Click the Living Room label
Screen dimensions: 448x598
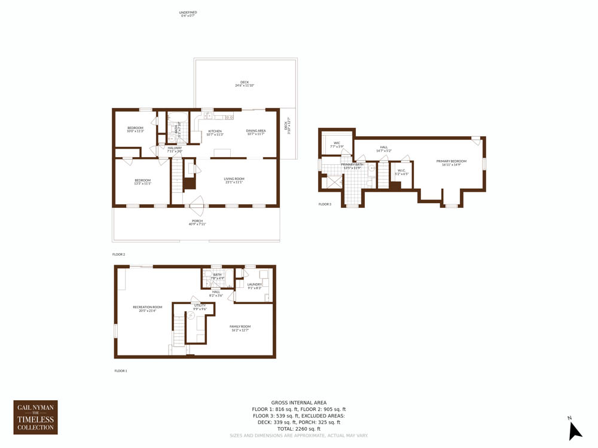tap(234, 180)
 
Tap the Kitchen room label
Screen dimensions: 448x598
tap(215, 133)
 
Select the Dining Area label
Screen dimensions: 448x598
tap(256, 132)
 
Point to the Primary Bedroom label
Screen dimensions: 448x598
tap(451, 162)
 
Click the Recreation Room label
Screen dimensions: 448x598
tap(147, 309)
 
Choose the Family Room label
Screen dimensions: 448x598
tap(240, 328)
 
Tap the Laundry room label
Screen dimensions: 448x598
tap(255, 286)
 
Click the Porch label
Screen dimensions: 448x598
tap(197, 222)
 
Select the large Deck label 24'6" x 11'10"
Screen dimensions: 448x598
tap(245, 84)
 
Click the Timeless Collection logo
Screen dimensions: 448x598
tap(36, 417)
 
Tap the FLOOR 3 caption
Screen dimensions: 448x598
tap(325, 204)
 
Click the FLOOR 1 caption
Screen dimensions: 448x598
tap(121, 371)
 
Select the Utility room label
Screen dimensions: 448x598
tap(200, 307)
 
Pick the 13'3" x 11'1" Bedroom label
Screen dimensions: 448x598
tap(142, 182)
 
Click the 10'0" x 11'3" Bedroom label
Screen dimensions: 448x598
tap(135, 129)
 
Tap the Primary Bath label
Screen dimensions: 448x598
tap(352, 165)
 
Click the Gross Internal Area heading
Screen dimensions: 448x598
tap(299, 403)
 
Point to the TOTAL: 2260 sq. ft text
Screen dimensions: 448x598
tap(299, 429)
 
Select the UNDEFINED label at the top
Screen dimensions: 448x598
tap(188, 14)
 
